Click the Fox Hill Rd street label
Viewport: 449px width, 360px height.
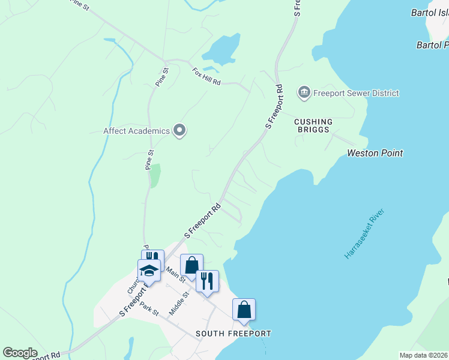207,77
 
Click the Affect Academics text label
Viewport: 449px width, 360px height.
136,130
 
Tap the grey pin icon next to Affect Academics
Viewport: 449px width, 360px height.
179,130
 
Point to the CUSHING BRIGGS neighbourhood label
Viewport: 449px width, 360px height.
313,126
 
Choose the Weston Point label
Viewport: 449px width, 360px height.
375,153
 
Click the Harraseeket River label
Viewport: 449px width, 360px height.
364,234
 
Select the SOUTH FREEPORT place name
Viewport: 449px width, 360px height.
234,334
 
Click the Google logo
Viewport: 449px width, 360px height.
20,353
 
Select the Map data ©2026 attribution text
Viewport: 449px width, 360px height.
423,355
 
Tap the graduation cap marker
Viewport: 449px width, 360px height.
149,271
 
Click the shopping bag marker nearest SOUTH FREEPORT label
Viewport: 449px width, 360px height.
244,310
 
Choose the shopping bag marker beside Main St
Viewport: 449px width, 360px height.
191,265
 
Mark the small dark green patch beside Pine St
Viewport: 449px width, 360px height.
155,175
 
